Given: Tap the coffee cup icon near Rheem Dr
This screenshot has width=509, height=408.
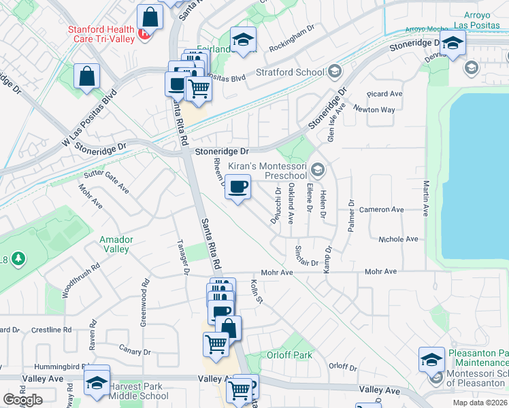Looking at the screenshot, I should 237,188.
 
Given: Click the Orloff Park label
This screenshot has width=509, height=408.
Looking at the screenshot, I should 289,355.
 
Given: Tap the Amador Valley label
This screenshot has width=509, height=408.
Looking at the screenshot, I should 115,244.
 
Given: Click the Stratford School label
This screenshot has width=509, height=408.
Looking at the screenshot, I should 290,72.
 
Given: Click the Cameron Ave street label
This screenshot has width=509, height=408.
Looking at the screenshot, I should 382,209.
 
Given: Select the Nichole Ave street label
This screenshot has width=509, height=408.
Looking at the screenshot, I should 398,239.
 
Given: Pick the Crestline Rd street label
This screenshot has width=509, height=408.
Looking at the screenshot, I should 47,330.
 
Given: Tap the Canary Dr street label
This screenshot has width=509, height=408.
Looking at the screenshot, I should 134,352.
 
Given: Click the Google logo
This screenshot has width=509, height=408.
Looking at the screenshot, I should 22,400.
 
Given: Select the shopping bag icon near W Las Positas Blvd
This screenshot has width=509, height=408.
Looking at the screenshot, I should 87,78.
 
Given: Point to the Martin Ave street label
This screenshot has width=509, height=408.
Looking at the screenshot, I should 426,198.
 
